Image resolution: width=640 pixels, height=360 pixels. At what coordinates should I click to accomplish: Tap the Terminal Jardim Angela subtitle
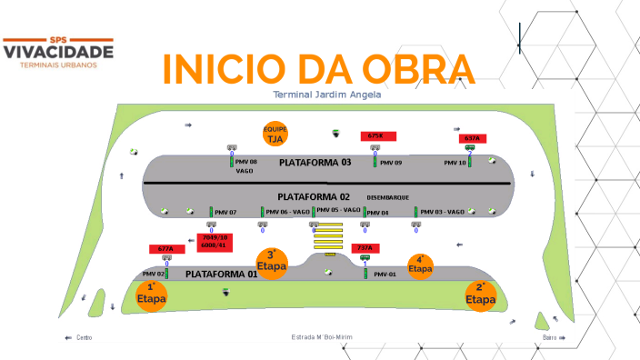(326, 95)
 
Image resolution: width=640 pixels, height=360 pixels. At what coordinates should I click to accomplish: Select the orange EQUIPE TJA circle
(275, 134)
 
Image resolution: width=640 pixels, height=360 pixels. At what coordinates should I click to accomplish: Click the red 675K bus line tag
(376, 135)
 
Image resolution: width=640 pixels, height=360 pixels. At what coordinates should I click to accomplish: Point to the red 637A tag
(471, 138)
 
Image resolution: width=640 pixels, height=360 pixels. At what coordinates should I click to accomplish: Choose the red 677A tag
(165, 248)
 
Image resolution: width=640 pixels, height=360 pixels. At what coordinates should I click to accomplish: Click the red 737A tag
(365, 247)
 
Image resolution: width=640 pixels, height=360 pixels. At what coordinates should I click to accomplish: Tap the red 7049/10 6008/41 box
(215, 241)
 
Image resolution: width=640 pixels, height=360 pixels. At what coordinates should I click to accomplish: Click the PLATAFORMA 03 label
(315, 163)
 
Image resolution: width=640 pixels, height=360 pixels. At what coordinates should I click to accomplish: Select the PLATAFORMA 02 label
(314, 196)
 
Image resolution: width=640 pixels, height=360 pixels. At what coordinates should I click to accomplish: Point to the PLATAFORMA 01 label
(222, 273)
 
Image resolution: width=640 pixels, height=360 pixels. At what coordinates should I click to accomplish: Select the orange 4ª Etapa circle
(420, 265)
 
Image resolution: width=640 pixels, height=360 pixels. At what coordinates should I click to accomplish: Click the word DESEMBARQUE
(387, 197)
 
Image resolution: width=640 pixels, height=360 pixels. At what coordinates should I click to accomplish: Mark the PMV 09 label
(392, 164)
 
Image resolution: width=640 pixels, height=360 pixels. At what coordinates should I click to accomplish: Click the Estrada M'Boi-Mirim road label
(321, 337)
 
